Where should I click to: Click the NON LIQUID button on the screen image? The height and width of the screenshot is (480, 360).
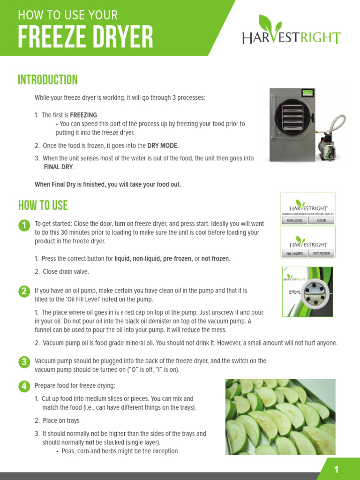(294, 220)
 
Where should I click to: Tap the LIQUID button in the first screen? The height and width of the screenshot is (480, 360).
(322, 220)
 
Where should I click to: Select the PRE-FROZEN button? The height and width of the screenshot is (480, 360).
(294, 254)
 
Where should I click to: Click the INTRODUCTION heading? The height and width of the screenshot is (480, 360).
(48, 80)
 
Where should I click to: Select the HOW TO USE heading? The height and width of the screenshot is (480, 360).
(43, 205)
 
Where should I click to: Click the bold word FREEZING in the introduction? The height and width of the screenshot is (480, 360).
(83, 115)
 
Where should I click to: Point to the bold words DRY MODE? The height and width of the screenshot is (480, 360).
(163, 146)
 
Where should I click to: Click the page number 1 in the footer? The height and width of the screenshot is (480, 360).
(336, 470)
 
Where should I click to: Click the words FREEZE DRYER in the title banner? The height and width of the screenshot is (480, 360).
(85, 37)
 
